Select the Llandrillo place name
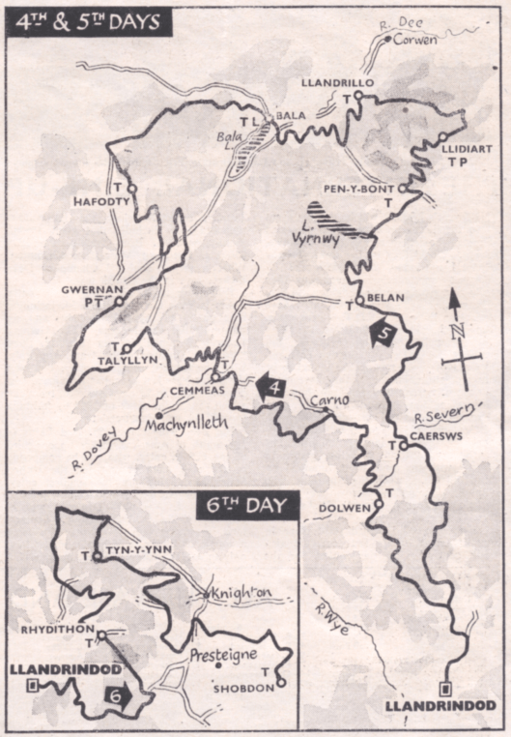336,83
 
